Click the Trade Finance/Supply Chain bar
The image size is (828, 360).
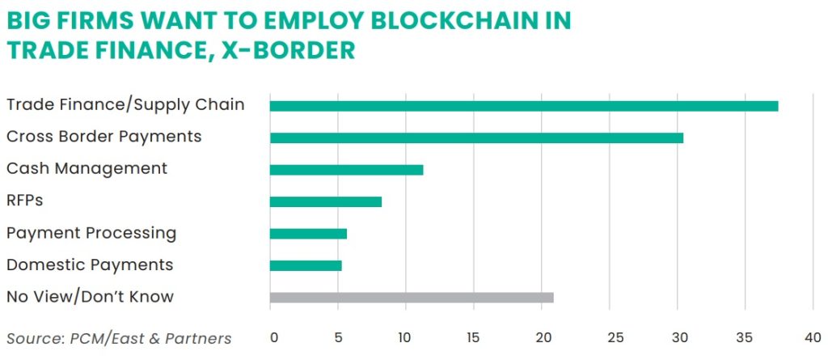pyautogui.click(x=523, y=106)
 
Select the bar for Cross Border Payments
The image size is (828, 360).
pyautogui.click(x=476, y=138)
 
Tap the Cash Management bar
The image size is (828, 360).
pyautogui.click(x=346, y=170)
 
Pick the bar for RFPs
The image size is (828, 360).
pyautogui.click(x=325, y=201)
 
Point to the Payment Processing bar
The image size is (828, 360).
pyautogui.click(x=308, y=234)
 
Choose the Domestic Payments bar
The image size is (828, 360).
pyautogui.click(x=306, y=265)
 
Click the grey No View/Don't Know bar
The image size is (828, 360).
pyautogui.click(x=411, y=298)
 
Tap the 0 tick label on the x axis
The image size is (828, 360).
pyautogui.click(x=273, y=337)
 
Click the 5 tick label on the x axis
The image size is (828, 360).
pyautogui.click(x=341, y=337)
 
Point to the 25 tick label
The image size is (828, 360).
pyautogui.click(x=611, y=337)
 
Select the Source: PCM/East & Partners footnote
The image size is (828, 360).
pyautogui.click(x=119, y=338)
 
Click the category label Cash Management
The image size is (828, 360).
pyautogui.click(x=87, y=168)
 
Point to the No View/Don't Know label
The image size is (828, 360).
pyautogui.click(x=90, y=296)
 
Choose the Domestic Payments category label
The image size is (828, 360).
pyautogui.click(x=90, y=265)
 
